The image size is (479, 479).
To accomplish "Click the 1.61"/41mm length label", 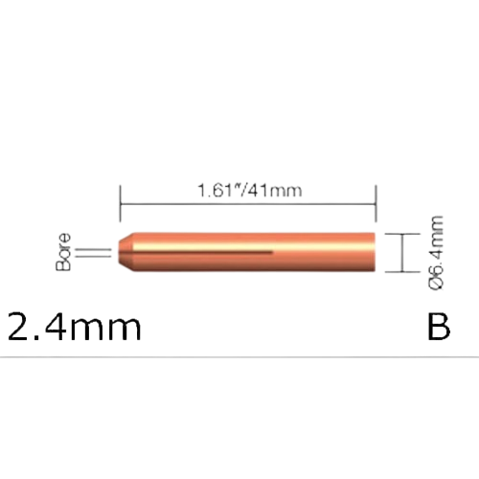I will (248, 191).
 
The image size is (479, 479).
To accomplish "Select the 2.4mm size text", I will (75, 328).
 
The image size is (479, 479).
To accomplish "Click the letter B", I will (437, 328).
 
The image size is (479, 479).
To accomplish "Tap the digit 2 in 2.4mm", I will (20, 328).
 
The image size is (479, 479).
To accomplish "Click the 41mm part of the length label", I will (276, 191).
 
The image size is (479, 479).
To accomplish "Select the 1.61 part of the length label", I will (216, 191).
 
